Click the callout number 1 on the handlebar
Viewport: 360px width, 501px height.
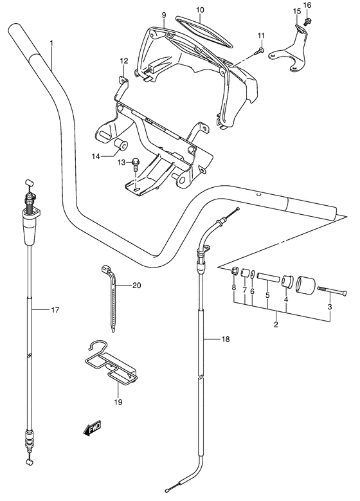[x=51, y=43]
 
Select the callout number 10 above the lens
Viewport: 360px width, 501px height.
[x=199, y=10]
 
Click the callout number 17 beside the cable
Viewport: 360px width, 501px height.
[x=55, y=311]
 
